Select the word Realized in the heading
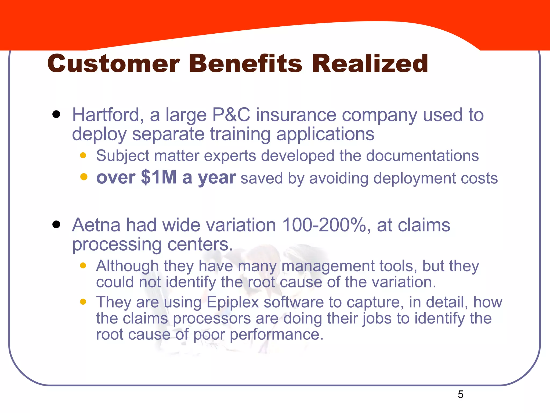pos(370,64)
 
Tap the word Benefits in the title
pos(245,64)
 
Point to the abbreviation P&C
pos(231,115)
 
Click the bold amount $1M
pos(158,177)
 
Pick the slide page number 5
pos(460,394)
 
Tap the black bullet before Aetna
pos(56,225)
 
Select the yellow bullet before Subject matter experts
pos(83,155)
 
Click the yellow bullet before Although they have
pos(83,266)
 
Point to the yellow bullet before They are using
pos(83,302)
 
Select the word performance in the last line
pos(276,334)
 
